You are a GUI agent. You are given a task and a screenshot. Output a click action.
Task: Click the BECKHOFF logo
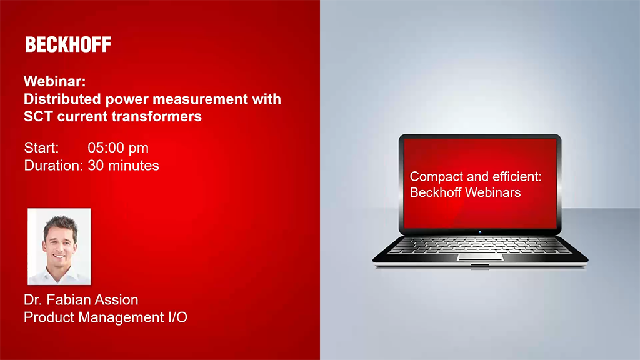coord(68,44)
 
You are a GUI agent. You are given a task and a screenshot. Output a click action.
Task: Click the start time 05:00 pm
coord(118,148)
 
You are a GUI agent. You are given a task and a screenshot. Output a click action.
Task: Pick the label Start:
coord(41,148)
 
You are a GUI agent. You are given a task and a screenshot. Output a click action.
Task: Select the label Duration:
coord(53,166)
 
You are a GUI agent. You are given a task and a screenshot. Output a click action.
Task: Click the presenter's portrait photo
coord(59,246)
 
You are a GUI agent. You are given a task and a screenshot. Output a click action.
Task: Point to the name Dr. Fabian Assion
coord(81,300)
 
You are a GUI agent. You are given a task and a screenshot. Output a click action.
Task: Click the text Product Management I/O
coord(106,317)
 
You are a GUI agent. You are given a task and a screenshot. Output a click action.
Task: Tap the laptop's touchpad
coord(479,256)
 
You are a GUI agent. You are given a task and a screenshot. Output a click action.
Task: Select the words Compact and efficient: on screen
coord(476,177)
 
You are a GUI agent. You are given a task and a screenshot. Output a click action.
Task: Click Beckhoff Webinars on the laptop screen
coord(465,192)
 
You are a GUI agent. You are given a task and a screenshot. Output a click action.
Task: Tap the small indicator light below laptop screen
coord(480,232)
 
